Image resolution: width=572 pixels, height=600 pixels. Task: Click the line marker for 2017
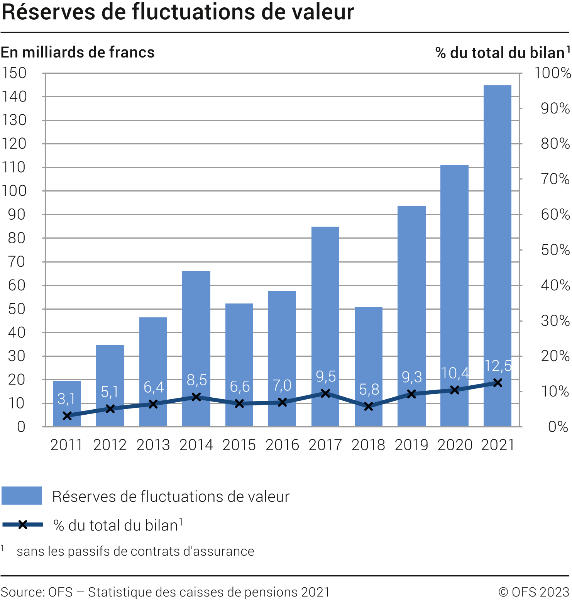[x=326, y=393]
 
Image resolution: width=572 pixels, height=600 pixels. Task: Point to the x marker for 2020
[x=455, y=390]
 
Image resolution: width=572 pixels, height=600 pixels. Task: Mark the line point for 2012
[x=110, y=408]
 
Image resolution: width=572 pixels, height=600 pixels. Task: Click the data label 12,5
[x=498, y=366]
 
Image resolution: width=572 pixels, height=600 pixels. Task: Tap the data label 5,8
[x=369, y=390]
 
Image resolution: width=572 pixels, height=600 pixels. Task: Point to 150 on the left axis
[x=14, y=73]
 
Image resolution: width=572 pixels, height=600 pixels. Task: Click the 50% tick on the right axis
[x=555, y=250]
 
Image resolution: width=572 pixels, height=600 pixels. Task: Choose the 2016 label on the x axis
[x=282, y=445]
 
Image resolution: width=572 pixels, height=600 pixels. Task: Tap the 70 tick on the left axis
[x=17, y=262]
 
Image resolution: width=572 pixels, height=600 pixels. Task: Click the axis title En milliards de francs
[x=78, y=53]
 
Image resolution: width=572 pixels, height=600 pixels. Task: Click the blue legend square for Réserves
[x=22, y=496]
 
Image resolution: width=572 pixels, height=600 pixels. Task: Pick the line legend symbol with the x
[x=23, y=525]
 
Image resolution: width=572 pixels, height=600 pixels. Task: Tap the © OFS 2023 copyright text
[x=534, y=592]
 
